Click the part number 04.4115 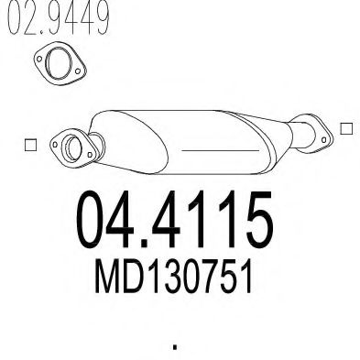point(174,219)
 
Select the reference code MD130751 point(173,276)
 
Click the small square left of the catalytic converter point(30,145)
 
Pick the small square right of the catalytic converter point(346,128)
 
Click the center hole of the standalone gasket point(59,62)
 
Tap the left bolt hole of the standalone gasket point(39,59)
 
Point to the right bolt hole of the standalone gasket point(78,71)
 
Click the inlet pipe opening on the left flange point(73,148)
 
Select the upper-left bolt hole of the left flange point(55,145)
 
